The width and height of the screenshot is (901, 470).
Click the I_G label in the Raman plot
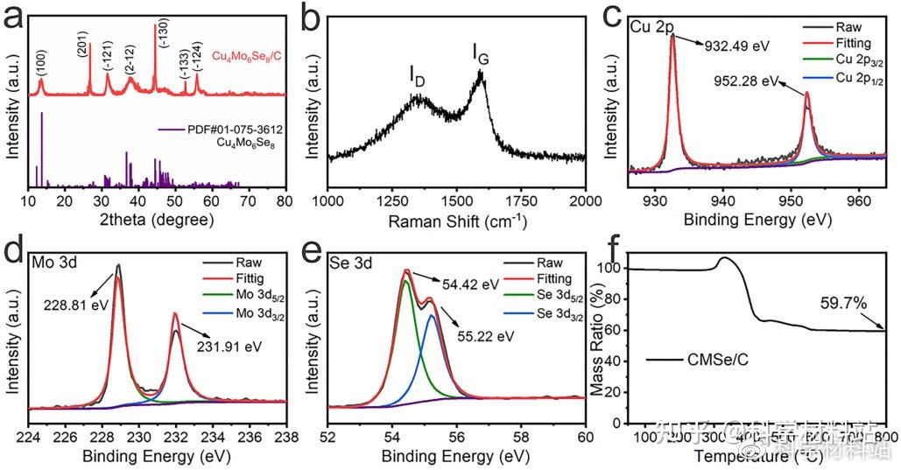481,56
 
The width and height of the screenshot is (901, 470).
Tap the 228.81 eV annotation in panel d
73,306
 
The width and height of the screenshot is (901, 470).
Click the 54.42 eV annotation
469,284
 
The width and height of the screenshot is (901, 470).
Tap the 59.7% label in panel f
844,305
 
